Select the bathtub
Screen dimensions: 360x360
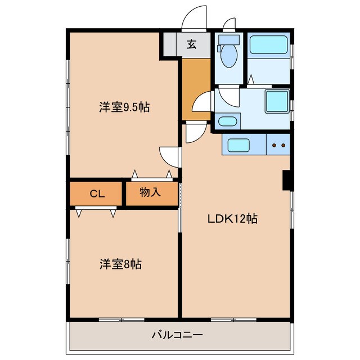pyautogui.click(x=269, y=45)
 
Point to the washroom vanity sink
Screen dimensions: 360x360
pyautogui.click(x=227, y=121)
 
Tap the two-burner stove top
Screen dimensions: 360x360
pyautogui.click(x=278, y=145)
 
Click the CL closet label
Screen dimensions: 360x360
pyautogui.click(x=97, y=194)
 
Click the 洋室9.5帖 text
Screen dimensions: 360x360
pyautogui.click(x=125, y=107)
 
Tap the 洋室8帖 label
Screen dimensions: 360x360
pyautogui.click(x=120, y=263)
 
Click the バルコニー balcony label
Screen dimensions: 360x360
pyautogui.click(x=177, y=335)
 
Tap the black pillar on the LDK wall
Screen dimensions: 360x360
pyautogui.click(x=286, y=179)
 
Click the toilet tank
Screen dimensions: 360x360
pyautogui.click(x=228, y=40)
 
